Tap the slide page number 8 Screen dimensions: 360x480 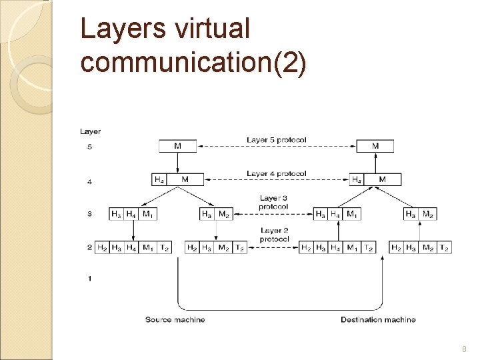[x=463, y=349]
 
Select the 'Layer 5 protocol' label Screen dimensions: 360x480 [x=277, y=140]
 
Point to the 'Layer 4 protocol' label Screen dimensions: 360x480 [x=277, y=173]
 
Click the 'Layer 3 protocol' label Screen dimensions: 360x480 [x=273, y=202]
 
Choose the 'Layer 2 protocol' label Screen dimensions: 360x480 [x=273, y=235]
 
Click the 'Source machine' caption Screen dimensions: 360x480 [x=175, y=320]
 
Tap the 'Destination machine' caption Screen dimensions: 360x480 [x=378, y=320]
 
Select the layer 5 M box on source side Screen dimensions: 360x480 [x=177, y=146]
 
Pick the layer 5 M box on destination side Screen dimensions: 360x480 [x=375, y=146]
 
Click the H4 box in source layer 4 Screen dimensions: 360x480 [x=159, y=179]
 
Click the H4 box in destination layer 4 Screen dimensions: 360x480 [x=357, y=179]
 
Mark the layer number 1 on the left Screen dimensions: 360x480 [x=89, y=279]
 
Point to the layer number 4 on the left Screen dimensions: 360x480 [x=89, y=181]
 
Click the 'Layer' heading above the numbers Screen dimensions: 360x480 [x=91, y=131]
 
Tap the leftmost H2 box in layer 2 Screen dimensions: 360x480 [x=103, y=247]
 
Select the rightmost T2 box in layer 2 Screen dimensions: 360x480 [x=444, y=247]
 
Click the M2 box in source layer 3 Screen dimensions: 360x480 [x=224, y=214]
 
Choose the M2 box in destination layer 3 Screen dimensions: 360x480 [x=428, y=214]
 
